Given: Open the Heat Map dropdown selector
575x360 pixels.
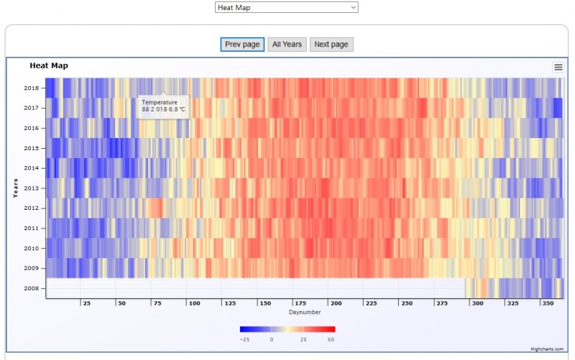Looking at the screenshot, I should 286,7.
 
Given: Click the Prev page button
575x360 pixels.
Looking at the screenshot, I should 242,45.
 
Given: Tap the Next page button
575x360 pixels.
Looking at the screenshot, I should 331,45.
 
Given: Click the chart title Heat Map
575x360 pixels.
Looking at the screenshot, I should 49,65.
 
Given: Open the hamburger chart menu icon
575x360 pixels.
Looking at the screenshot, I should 558,67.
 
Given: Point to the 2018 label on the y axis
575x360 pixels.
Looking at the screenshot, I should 31,88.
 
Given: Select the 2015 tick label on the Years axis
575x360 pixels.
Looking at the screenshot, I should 31,149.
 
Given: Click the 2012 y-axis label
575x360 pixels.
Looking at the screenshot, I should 31,208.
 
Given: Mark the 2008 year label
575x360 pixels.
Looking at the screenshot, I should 31,289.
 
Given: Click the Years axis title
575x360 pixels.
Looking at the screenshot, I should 16,188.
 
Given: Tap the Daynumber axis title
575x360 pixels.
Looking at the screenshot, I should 305,313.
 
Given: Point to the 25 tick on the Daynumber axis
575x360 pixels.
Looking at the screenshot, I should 86,304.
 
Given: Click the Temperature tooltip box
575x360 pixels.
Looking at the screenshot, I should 163,106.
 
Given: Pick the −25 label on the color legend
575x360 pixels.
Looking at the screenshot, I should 244,339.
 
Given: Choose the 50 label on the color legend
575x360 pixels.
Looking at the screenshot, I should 331,339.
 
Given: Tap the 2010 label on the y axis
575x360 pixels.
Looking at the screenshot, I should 31,249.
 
